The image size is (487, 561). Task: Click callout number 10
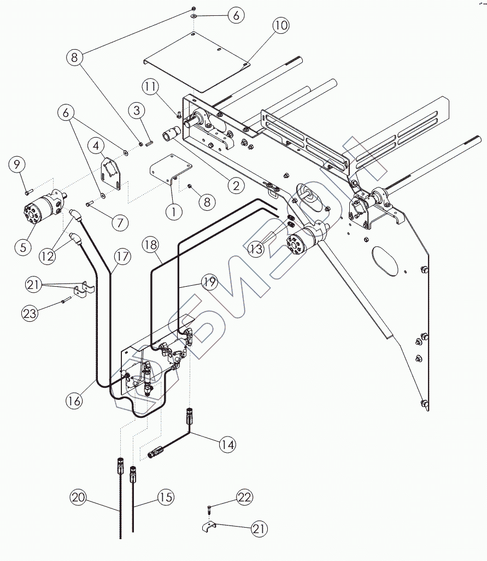[x=281, y=26]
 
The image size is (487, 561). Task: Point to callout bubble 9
[x=17, y=164]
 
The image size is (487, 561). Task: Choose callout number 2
[x=236, y=186]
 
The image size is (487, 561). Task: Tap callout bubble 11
[x=151, y=86]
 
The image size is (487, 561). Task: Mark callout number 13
[x=256, y=249]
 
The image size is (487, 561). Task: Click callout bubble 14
[x=227, y=445]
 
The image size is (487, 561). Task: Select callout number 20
[x=78, y=498]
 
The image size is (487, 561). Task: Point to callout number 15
[x=166, y=498]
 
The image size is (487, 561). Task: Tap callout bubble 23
[x=30, y=313]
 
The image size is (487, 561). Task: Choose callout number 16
[x=74, y=400]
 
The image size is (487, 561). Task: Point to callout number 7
[x=120, y=223]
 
